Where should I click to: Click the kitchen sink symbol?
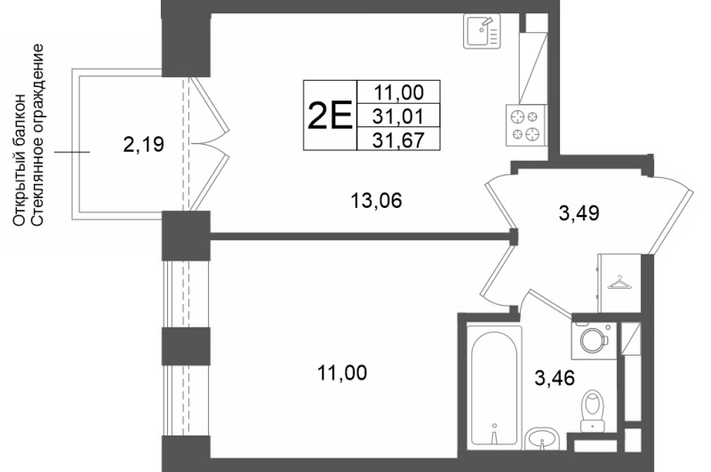click(482, 31)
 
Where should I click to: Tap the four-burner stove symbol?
click(526, 125)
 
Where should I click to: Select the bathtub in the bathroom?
click(494, 387)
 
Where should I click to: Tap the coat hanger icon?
click(618, 282)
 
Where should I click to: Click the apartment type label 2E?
click(330, 116)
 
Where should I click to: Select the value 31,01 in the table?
click(398, 116)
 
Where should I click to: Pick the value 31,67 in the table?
click(398, 140)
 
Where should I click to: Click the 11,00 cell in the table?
click(399, 92)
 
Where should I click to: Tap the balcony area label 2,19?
click(143, 145)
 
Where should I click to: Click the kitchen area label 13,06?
click(376, 200)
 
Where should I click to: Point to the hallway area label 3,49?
click(579, 212)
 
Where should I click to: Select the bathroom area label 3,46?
click(555, 377)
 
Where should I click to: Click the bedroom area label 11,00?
click(342, 373)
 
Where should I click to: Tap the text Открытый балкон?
click(19, 160)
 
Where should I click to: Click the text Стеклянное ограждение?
click(38, 134)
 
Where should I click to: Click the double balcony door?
click(209, 144)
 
